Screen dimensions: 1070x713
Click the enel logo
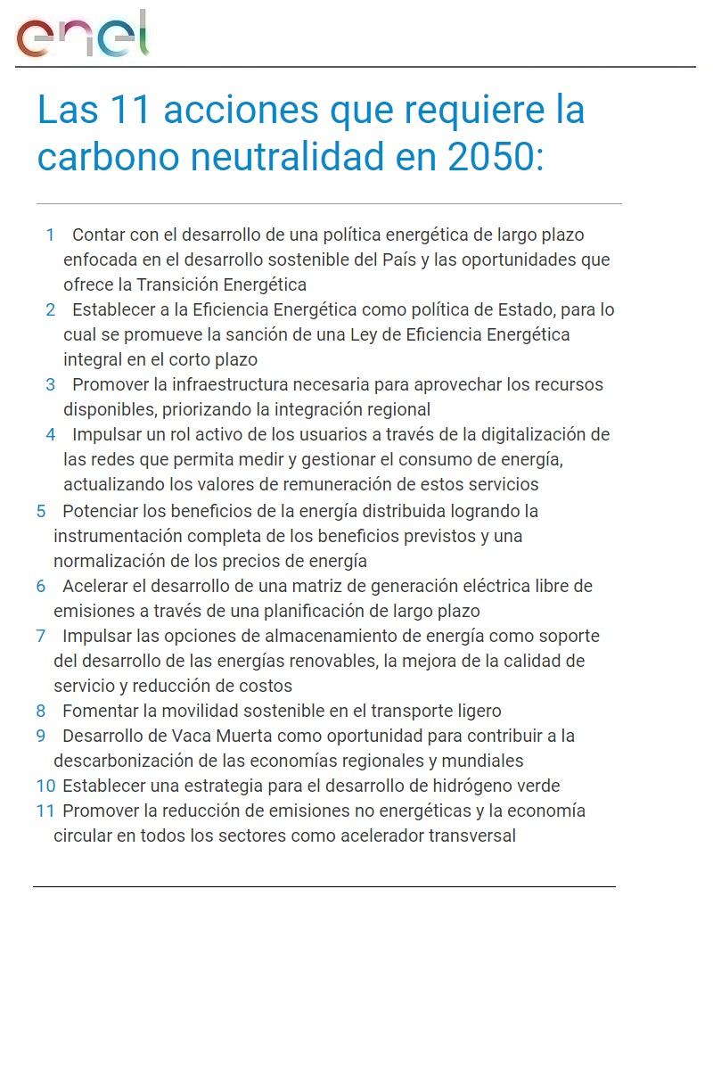(82, 36)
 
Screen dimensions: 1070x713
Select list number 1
(51, 235)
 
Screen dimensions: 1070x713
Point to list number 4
(51, 434)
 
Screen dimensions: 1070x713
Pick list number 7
(41, 636)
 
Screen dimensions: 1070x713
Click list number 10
(45, 786)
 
